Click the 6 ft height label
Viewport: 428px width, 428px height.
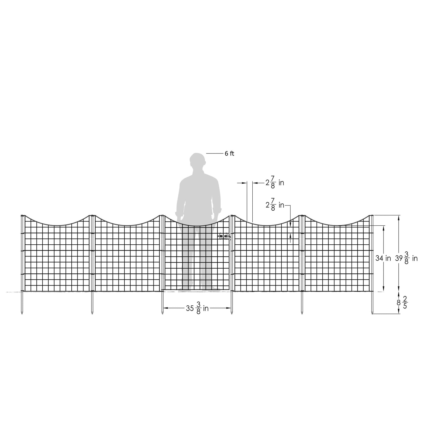click(229, 153)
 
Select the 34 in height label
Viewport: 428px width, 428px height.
click(383, 258)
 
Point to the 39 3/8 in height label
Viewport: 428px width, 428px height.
click(406, 258)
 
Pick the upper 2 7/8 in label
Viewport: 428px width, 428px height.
click(275, 182)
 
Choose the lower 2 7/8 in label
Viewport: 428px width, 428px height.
click(275, 205)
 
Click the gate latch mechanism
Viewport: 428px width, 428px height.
click(224, 236)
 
